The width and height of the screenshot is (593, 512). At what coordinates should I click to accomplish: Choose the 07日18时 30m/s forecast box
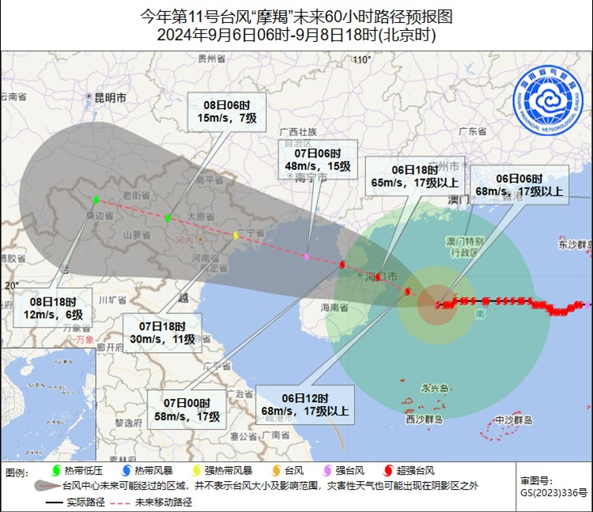[x=163, y=332]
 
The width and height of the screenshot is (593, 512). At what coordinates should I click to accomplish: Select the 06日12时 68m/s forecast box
[x=303, y=404]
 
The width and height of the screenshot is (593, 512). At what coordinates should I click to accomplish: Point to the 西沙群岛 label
[x=427, y=419]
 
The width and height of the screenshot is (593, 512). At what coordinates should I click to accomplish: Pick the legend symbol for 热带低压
[x=54, y=472]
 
